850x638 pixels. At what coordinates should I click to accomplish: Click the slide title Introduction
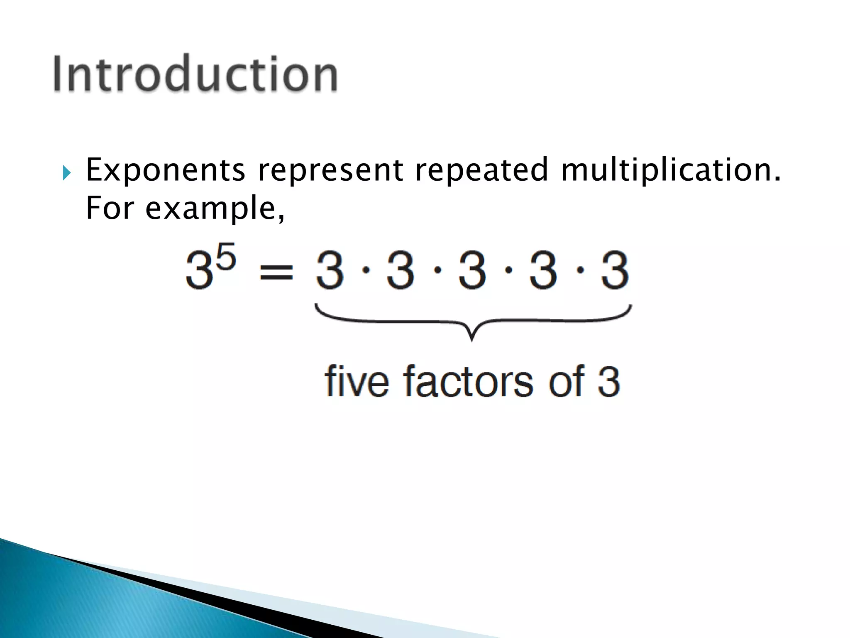[x=195, y=74]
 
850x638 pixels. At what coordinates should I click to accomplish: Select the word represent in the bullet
[x=330, y=170]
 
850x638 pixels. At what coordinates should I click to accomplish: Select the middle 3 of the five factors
[x=472, y=271]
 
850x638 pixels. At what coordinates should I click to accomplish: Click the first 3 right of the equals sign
[x=330, y=271]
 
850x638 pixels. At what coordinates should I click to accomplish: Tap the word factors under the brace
[x=468, y=381]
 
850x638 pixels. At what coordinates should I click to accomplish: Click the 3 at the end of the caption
[x=609, y=381]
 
